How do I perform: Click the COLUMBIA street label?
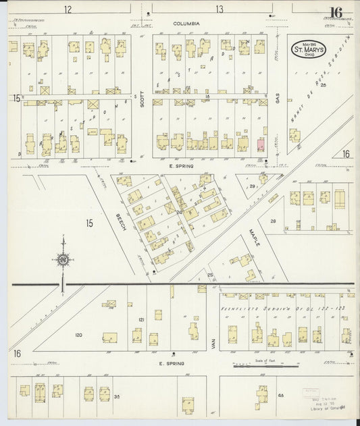186,24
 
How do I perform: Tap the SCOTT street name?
143,100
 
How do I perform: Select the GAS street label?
278,99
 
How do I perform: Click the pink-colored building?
260,144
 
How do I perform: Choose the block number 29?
252,186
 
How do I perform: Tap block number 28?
274,221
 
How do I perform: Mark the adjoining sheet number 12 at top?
68,9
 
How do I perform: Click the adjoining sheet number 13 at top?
220,9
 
